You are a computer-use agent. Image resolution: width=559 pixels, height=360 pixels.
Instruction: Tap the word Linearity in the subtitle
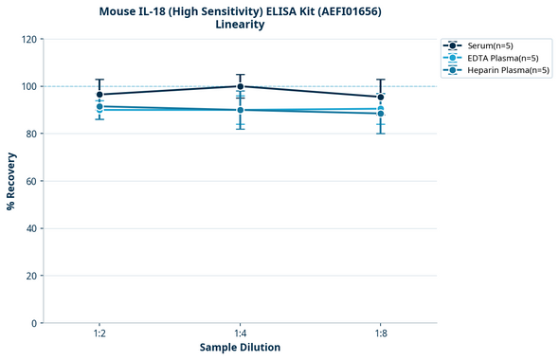pos(240,25)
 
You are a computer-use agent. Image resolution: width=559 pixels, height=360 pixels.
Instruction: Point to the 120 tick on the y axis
pos(29,39)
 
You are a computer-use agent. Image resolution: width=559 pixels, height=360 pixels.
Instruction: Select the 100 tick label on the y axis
pos(29,86)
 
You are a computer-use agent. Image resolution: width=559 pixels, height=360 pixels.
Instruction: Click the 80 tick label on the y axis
pos(31,134)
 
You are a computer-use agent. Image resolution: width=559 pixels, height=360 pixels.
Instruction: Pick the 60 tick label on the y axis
pos(31,181)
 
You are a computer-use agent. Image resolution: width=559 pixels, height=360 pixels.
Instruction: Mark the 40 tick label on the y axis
pos(31,228)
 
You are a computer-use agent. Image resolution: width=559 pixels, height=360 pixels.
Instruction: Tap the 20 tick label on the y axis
pos(31,276)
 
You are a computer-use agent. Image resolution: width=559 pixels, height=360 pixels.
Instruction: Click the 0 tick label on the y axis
pos(34,323)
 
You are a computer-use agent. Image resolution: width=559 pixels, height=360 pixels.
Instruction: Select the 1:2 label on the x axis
pos(99,334)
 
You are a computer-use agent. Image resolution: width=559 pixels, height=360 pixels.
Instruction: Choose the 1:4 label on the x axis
pos(240,334)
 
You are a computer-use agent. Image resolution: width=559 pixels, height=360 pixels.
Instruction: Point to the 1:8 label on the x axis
pos(381,334)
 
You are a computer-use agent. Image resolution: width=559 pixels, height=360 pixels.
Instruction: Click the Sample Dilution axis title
pos(240,348)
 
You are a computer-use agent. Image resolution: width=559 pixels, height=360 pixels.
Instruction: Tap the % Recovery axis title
pos(11,181)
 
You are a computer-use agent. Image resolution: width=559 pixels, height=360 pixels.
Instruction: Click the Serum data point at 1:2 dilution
pos(99,94)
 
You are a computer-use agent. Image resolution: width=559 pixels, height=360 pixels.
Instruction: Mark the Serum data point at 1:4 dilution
pos(240,86)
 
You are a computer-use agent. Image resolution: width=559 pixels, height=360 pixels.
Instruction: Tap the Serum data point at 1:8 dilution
pos(381,97)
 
